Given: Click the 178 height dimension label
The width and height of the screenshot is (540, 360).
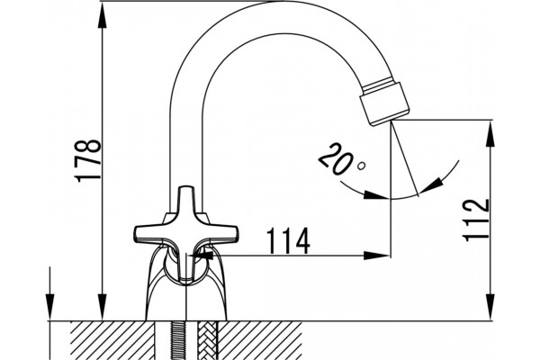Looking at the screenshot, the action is coord(88,160).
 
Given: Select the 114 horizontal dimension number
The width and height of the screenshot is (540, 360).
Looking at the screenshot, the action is coord(288,240).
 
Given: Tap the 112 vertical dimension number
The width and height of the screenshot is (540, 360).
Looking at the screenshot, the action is coord(476,220).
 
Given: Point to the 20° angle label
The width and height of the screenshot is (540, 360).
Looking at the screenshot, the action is coord(342,159).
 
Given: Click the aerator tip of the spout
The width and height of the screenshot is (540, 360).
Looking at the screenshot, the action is coord(384,103).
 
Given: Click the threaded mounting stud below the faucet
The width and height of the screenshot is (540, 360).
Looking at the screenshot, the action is coord(178,340).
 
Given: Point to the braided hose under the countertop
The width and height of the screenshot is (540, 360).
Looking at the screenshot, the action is coord(208,340).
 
